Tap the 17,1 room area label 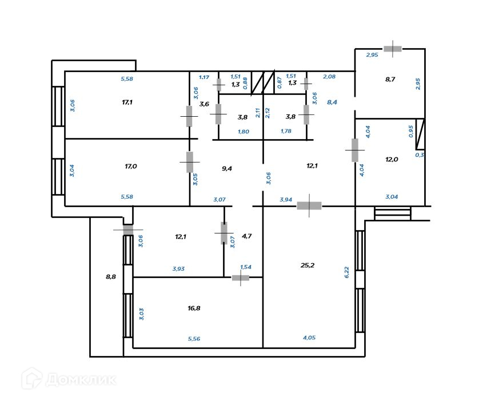[128, 102]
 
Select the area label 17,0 [131, 167]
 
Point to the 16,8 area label [194, 308]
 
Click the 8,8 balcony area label [111, 276]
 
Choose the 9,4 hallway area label [227, 168]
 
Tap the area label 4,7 [247, 235]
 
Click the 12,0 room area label [392, 160]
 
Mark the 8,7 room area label [390, 79]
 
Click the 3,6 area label [204, 104]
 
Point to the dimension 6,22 [346, 271]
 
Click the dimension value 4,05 [309, 338]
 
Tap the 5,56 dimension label [194, 338]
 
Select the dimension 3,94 [286, 199]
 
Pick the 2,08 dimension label [329, 76]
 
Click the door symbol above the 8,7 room [393, 49]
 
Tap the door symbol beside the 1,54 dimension [241, 278]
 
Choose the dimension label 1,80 [244, 132]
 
